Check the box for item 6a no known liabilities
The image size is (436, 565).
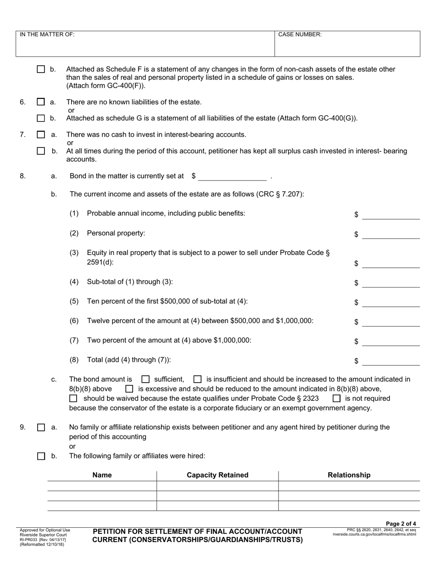pyautogui.click(x=41, y=102)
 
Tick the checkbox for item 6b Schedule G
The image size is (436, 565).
pyautogui.click(x=41, y=119)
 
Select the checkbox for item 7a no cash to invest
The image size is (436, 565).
pyautogui.click(x=41, y=135)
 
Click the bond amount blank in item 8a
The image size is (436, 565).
pyautogui.click(x=232, y=176)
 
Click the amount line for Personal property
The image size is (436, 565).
pyautogui.click(x=391, y=234)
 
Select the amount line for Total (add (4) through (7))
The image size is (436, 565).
pyautogui.click(x=391, y=361)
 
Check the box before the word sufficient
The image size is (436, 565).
pyautogui.click(x=145, y=379)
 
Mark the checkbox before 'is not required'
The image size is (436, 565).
pyautogui.click(x=336, y=398)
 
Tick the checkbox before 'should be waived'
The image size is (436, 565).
pyautogui.click(x=73, y=398)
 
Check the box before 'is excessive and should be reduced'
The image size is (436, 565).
pyautogui.click(x=129, y=389)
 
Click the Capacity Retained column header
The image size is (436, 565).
pyautogui.click(x=218, y=475)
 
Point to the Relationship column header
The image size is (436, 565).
pyautogui.click(x=349, y=475)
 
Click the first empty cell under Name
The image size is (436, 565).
pyautogui.click(x=102, y=486)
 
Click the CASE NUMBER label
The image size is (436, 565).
pyautogui.click(x=300, y=34)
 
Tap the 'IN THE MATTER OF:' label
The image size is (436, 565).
pyautogui.click(x=47, y=34)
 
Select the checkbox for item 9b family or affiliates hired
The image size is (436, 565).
pyautogui.click(x=41, y=456)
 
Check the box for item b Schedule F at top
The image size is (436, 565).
pyautogui.click(x=41, y=69)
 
